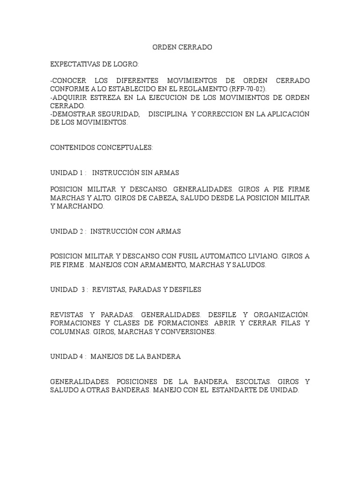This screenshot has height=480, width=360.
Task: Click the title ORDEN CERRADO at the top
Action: click(183, 47)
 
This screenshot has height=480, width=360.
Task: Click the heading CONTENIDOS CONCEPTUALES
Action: click(101, 147)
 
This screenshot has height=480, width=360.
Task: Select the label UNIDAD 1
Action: click(67, 172)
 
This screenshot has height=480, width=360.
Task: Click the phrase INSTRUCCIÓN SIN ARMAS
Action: click(135, 172)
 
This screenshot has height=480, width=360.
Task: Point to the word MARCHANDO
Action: click(80, 206)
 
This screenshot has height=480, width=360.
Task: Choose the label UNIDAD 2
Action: click(67, 232)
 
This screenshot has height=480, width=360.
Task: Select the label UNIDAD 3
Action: click(67, 290)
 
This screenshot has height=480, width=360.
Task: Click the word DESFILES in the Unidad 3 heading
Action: click(186, 290)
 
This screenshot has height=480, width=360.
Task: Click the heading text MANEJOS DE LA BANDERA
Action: click(135, 357)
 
